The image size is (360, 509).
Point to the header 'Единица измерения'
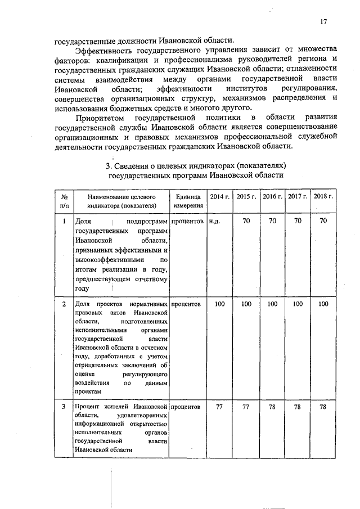tap(188, 201)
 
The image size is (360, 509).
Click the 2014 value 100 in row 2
tap(219, 304)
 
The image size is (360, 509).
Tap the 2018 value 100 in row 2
tap(323, 304)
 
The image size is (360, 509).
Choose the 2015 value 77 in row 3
tap(246, 406)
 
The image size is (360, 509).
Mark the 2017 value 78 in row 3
tap(298, 406)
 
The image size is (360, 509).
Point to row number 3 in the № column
tap(64, 406)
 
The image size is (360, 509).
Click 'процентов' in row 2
tap(186, 304)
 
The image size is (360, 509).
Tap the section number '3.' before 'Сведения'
tap(110, 165)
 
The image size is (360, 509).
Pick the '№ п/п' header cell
tap(64, 201)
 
